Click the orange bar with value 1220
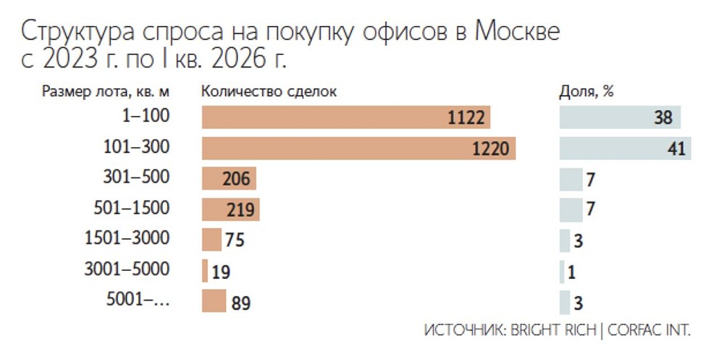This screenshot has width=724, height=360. coord(358,148)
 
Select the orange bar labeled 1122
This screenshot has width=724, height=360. coord(346,117)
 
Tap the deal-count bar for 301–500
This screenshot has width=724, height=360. coord(229,179)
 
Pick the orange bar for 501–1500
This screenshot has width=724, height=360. coord(230,209)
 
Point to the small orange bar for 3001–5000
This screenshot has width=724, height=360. coord(206,271)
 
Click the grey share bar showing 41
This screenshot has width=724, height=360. coord(625,148)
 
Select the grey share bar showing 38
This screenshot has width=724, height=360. coord(620,117)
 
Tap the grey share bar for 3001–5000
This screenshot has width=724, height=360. coord(562,271)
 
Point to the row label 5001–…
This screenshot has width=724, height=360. coord(137,300)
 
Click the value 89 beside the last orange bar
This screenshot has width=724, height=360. coord(241,303)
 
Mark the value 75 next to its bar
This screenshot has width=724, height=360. coord(235,240)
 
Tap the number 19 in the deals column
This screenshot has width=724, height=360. coord(222,272)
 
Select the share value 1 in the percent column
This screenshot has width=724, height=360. coord(572,272)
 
